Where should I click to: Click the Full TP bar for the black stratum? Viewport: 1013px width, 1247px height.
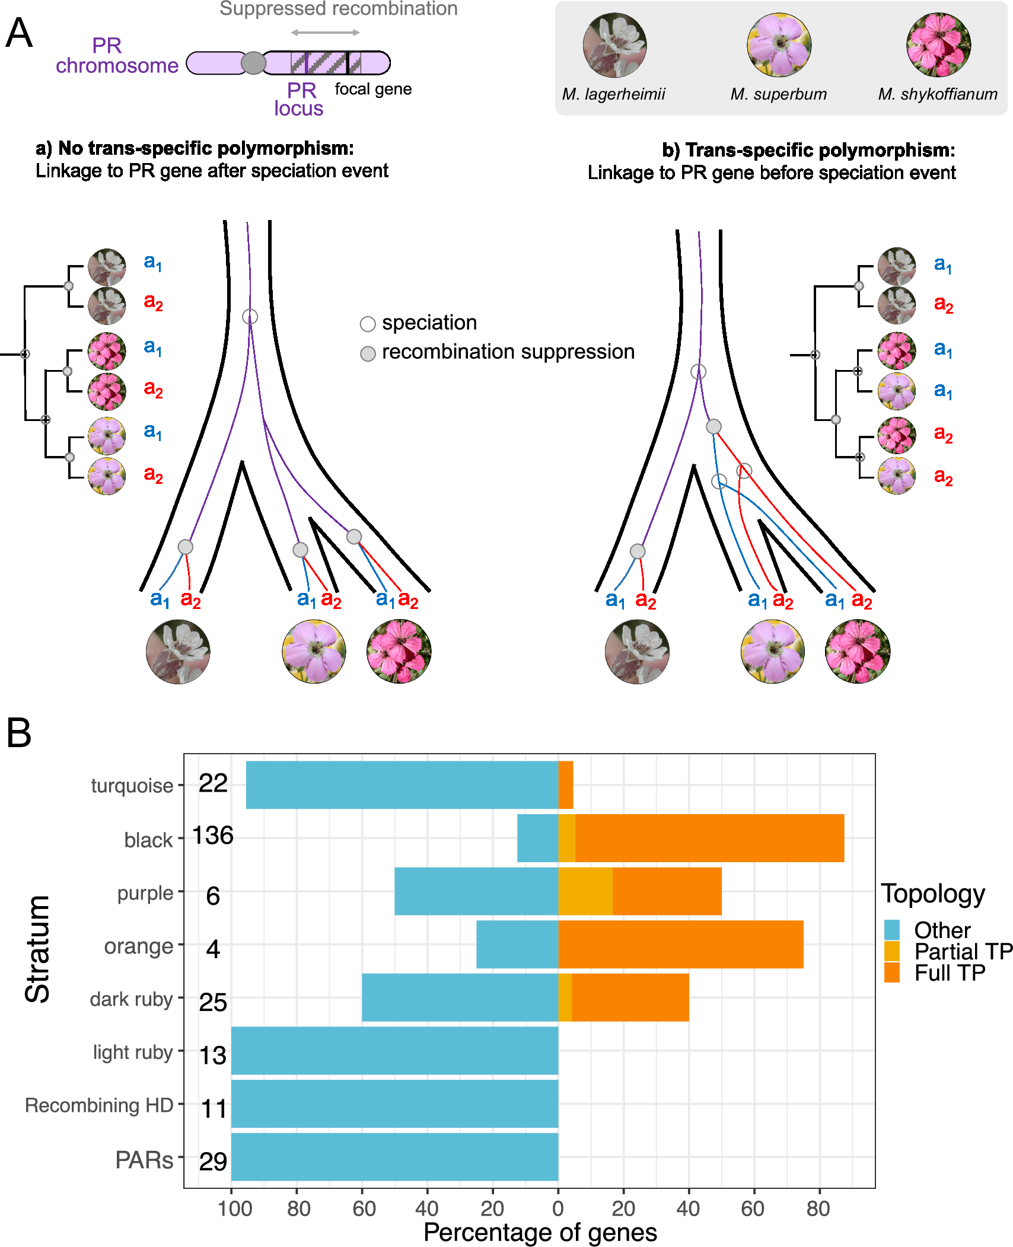(709, 837)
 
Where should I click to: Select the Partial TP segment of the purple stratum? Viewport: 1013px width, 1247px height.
(585, 891)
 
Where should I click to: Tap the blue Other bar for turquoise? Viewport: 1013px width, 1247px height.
(402, 784)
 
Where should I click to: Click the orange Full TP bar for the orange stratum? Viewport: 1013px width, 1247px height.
(680, 944)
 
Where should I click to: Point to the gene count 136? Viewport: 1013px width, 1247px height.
(212, 835)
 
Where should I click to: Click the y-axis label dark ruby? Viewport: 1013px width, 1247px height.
(131, 999)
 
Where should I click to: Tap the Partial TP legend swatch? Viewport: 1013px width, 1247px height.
(891, 951)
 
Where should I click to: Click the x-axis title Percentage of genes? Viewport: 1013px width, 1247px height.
(540, 1232)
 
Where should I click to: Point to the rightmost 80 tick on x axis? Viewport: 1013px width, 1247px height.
(818, 1208)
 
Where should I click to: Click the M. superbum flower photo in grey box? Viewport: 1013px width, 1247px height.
(779, 45)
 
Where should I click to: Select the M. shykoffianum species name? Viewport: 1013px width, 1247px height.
(938, 94)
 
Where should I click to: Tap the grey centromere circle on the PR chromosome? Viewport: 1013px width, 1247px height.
(254, 63)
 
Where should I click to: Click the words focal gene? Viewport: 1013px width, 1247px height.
(373, 89)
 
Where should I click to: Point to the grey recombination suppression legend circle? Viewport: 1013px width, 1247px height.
(368, 354)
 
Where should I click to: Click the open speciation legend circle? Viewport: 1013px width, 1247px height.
(368, 324)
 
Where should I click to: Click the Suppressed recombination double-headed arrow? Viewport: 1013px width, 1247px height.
(325, 33)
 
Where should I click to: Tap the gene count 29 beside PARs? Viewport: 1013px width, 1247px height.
(213, 1161)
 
